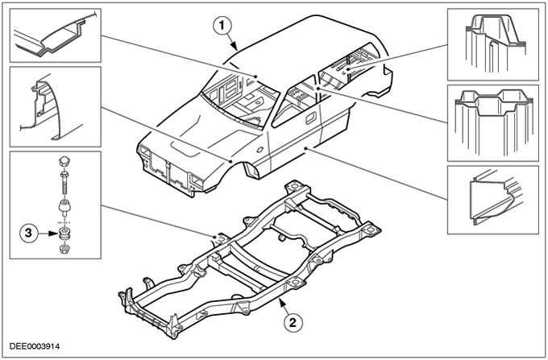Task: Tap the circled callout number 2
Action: click(x=295, y=324)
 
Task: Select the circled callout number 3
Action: click(x=28, y=234)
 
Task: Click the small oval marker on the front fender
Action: click(x=261, y=150)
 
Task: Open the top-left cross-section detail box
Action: click(x=55, y=35)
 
